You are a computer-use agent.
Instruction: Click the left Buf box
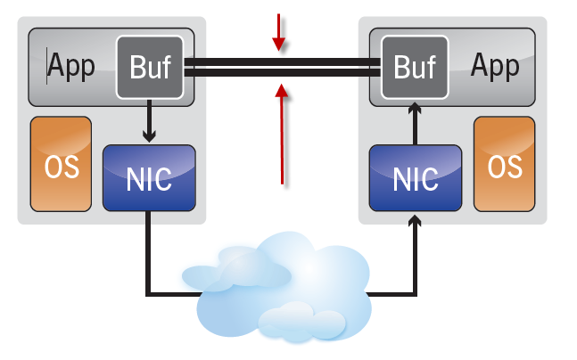click(150, 67)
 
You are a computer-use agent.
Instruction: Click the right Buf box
click(415, 66)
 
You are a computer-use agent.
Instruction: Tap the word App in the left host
click(71, 67)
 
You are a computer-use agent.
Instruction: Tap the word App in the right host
click(495, 65)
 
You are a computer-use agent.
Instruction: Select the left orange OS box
click(62, 165)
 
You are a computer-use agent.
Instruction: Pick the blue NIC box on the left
click(149, 176)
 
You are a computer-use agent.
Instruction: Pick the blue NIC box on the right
click(416, 176)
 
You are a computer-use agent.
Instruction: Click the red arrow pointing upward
click(283, 134)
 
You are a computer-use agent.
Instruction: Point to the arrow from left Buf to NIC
click(150, 120)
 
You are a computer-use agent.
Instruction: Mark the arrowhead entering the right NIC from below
click(416, 219)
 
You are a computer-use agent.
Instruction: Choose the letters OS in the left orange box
click(62, 166)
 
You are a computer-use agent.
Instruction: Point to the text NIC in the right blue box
click(416, 178)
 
